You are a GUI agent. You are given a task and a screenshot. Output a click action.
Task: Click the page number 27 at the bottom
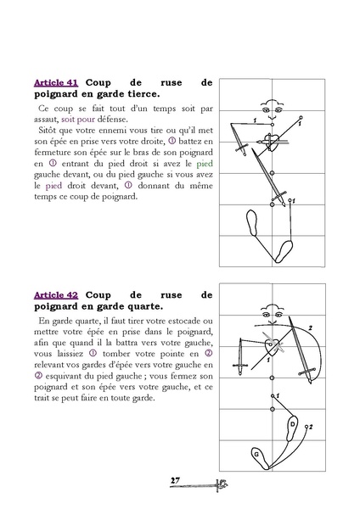[175, 481]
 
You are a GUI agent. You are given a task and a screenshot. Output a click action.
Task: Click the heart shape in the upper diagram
[271, 137]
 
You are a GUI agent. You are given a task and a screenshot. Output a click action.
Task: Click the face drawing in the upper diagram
[272, 110]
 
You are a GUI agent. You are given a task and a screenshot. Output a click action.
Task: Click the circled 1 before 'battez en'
[172, 141]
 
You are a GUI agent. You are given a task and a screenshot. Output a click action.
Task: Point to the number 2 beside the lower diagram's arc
[312, 327]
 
